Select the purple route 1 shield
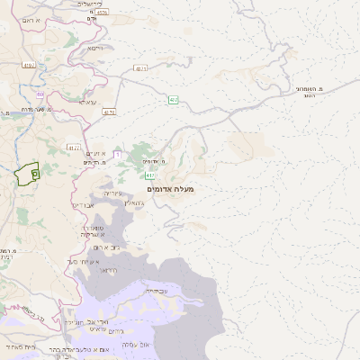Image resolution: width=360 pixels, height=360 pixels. click(x=116, y=155)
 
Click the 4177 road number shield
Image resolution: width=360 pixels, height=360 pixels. click(x=74, y=148)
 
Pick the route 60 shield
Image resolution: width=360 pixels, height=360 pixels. click(x=40, y=94)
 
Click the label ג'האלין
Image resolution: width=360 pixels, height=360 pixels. click(x=133, y=205)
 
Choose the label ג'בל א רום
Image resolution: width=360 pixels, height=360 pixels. click(x=104, y=247)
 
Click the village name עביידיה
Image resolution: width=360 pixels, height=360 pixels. click(x=157, y=291)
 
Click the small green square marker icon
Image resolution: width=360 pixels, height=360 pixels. click(x=34, y=172)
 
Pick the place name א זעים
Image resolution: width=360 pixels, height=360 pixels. click(x=98, y=155)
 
